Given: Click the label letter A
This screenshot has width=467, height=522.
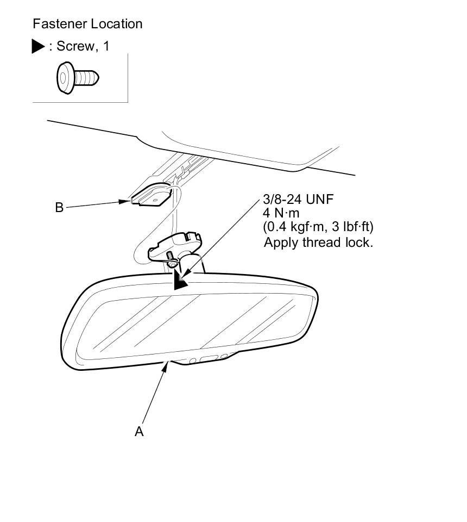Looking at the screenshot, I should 139,431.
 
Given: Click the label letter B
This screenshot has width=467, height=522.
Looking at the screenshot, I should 59,207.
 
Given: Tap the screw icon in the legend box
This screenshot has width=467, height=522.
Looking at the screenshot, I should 78,78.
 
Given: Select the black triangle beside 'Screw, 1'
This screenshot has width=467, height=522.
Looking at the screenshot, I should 39,47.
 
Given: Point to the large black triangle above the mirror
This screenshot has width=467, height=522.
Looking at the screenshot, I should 180,281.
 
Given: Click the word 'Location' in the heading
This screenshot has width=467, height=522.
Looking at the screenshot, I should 117,24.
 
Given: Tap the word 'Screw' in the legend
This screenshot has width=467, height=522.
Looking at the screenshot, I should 75,46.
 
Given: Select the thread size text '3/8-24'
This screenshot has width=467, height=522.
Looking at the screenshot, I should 282,200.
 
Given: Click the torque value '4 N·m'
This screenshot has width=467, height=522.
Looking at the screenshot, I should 281,213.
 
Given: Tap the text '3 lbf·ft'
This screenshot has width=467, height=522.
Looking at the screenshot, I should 354,226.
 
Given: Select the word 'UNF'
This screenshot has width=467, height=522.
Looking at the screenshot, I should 320,200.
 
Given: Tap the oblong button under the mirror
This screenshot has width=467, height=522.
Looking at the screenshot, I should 209,358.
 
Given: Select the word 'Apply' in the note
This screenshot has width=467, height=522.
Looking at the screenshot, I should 280,243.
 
